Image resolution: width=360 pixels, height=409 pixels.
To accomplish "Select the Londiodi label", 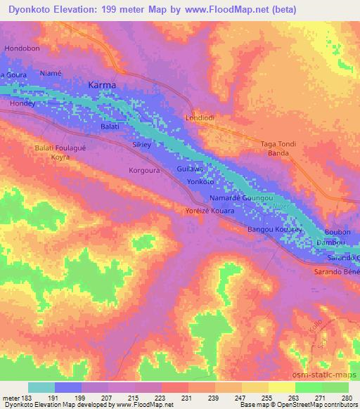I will pyautogui.click(x=199, y=118).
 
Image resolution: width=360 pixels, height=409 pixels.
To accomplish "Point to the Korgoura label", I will pyautogui.click(x=146, y=170).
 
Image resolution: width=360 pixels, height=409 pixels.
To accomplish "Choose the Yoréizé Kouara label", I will pyautogui.click(x=209, y=211).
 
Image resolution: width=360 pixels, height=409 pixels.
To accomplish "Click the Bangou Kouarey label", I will pyautogui.click(x=275, y=230).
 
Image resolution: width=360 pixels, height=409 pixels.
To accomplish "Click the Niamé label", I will pyautogui.click(x=51, y=72).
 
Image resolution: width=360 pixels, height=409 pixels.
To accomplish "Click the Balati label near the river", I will pyautogui.click(x=110, y=127).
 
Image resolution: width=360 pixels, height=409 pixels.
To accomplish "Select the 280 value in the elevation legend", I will pyautogui.click(x=345, y=397).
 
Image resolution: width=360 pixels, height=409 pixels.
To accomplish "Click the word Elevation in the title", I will pyautogui.click(x=79, y=8).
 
